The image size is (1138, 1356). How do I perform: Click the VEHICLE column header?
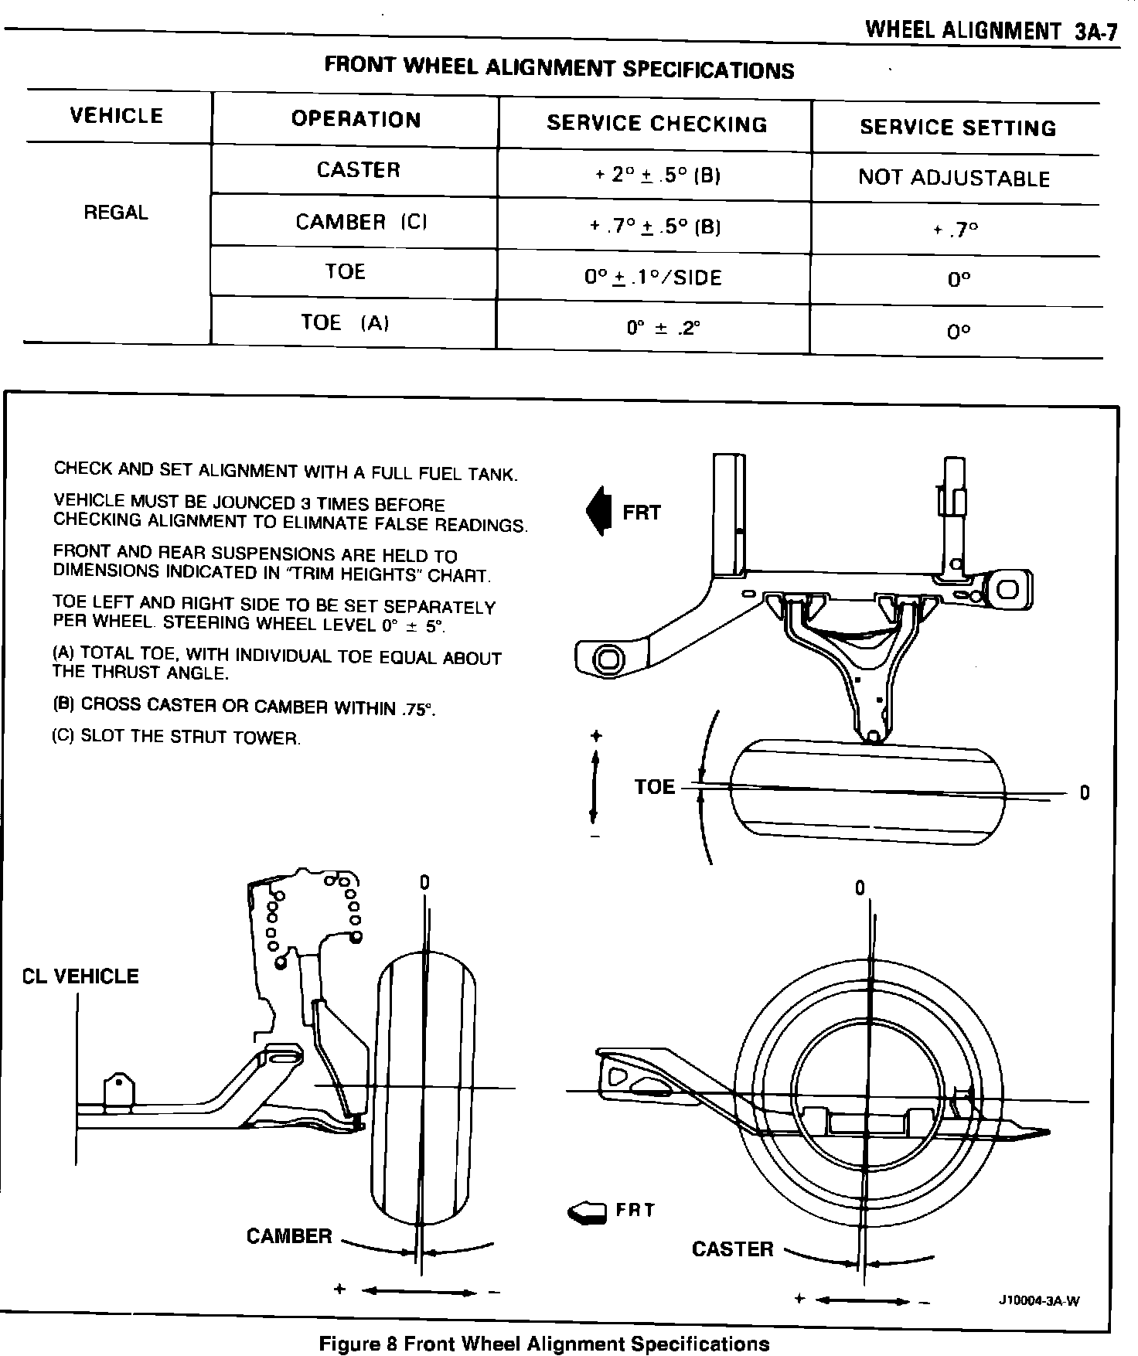(117, 116)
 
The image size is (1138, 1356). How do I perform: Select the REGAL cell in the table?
(116, 213)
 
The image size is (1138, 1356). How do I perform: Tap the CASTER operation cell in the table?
(358, 170)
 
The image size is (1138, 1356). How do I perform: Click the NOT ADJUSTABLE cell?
(954, 179)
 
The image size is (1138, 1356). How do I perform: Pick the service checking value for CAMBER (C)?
(655, 227)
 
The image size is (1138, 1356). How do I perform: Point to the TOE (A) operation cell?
(345, 322)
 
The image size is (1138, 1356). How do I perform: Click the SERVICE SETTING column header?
(958, 128)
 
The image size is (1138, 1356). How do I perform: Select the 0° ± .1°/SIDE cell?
(653, 278)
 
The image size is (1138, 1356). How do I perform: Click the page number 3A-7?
(1096, 32)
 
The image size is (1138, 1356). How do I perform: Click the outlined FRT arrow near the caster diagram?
(588, 1212)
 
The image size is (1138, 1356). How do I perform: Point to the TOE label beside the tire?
(654, 787)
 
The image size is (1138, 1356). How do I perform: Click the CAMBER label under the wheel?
(289, 1237)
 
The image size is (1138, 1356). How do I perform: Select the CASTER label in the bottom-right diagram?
(732, 1249)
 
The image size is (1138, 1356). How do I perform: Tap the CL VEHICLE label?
(80, 976)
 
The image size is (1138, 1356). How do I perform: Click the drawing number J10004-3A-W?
(1038, 1300)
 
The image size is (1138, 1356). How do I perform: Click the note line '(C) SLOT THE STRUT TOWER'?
(175, 737)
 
